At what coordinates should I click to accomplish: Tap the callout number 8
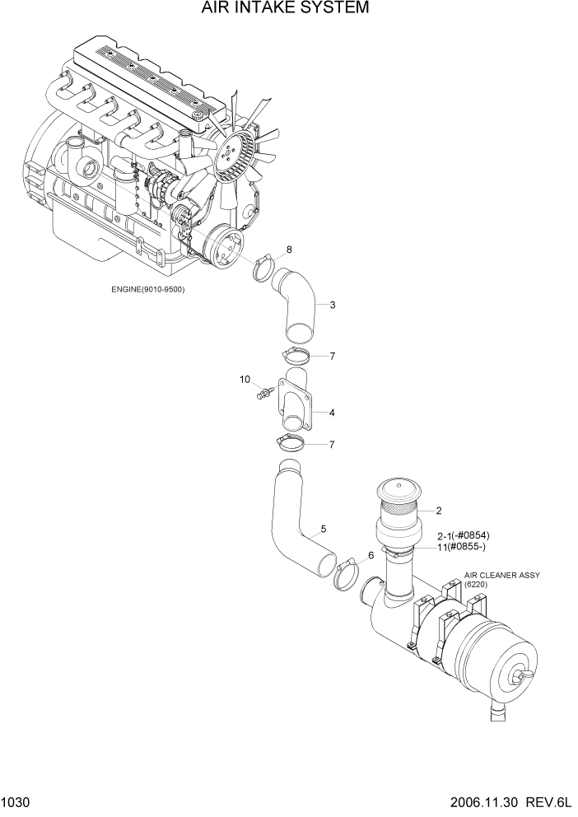click(x=289, y=248)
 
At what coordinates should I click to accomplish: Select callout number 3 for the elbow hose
click(x=332, y=306)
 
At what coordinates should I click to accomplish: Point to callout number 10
click(x=245, y=380)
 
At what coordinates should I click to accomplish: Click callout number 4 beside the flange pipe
click(x=332, y=412)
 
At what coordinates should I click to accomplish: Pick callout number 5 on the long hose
click(x=324, y=528)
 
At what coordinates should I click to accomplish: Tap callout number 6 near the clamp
click(x=371, y=555)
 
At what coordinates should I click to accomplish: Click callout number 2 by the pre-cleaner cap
click(x=439, y=511)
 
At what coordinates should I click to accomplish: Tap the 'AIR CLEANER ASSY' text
click(x=501, y=575)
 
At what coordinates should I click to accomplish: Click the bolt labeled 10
click(x=263, y=394)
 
